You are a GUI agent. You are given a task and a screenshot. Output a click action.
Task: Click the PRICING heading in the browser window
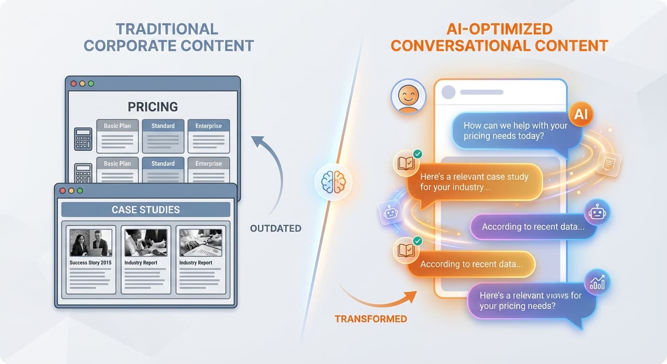153,107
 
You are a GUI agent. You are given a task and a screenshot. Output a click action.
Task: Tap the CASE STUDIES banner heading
145,209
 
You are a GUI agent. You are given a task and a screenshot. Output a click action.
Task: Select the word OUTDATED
276,228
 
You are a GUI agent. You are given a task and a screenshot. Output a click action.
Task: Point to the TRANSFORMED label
370,319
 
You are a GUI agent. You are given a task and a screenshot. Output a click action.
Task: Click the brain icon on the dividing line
333,182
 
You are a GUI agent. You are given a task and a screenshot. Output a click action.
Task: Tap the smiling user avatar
408,96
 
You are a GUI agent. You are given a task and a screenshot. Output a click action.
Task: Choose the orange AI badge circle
581,114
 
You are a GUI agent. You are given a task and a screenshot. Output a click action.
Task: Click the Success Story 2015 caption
90,263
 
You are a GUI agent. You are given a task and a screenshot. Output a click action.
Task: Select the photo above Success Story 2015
90,242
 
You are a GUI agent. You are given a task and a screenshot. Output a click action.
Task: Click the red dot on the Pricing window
73,83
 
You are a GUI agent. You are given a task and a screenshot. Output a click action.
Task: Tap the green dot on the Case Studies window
80,191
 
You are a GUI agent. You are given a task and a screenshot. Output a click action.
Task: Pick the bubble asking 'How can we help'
516,131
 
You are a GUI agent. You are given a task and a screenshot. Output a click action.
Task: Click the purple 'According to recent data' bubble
533,227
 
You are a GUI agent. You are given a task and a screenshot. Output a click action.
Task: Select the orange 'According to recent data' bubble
471,264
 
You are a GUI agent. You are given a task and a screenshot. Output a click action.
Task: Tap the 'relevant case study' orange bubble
474,182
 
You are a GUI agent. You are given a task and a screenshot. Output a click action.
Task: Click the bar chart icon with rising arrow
597,282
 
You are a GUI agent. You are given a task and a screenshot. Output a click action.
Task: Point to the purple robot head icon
597,212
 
